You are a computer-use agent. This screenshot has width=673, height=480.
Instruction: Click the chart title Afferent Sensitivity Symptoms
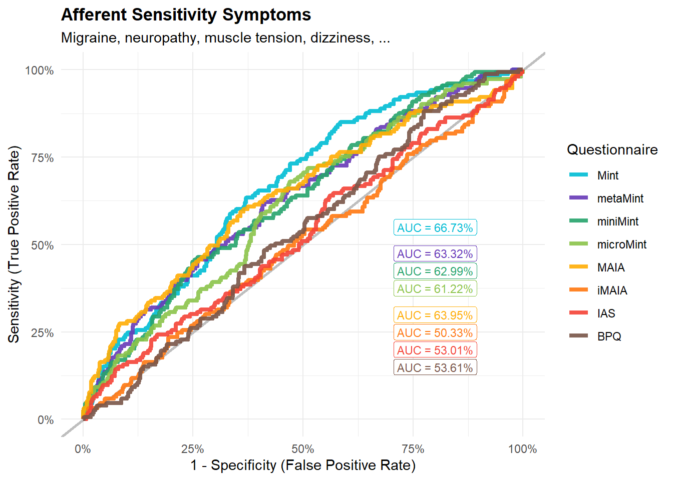click(x=186, y=14)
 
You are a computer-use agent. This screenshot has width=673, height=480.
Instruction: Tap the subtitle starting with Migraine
click(x=225, y=38)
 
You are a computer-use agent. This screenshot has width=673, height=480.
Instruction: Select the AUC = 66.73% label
click(x=435, y=227)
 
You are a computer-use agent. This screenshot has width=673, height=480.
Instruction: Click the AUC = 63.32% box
click(x=435, y=254)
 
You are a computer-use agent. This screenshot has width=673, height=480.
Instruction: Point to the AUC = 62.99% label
click(x=435, y=271)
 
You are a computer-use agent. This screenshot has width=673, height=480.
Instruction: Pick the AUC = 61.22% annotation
click(x=435, y=288)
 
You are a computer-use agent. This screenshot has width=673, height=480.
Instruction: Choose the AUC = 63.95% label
click(x=435, y=315)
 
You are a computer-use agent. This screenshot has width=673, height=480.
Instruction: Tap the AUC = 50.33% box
click(x=435, y=332)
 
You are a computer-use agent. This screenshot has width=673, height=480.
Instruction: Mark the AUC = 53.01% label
click(x=435, y=350)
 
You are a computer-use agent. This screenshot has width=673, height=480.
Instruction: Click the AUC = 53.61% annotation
click(x=435, y=367)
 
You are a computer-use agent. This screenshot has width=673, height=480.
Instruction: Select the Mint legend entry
click(x=594, y=175)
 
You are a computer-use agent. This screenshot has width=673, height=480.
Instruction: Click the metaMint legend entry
click(x=606, y=198)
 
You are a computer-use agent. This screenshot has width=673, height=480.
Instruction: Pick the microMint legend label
click(x=621, y=244)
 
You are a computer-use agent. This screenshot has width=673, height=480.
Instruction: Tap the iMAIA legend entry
click(x=598, y=290)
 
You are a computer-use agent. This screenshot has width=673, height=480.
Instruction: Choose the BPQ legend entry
click(x=595, y=336)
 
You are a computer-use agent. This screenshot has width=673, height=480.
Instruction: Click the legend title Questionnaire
click(x=612, y=149)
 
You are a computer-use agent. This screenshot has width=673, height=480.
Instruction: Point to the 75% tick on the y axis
click(x=43, y=158)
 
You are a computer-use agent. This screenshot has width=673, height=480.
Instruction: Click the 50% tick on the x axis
click(x=303, y=449)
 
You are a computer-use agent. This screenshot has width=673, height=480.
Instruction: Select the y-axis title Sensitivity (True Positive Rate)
click(x=14, y=244)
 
